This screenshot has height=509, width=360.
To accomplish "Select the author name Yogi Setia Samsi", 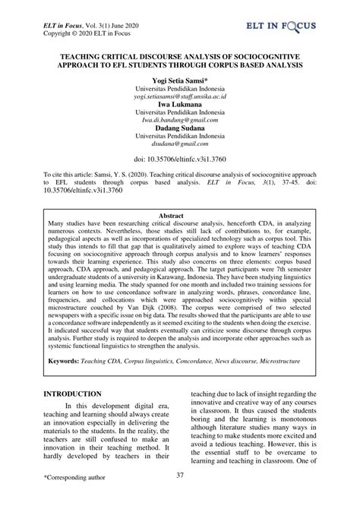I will [x=180, y=80].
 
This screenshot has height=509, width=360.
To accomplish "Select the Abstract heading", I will [x=180, y=216].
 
